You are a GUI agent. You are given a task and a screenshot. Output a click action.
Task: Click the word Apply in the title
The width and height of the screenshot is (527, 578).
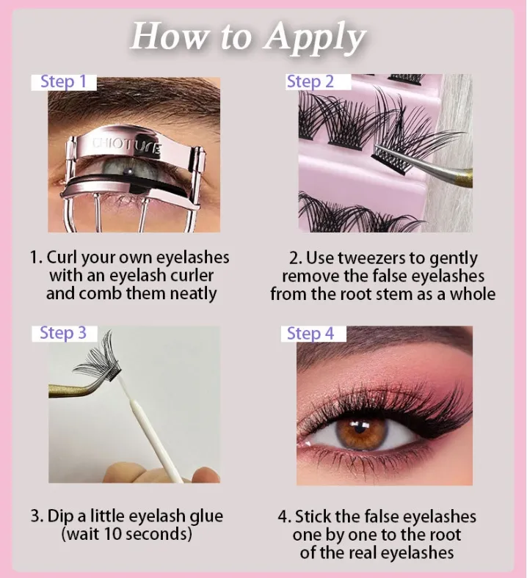tap(316, 38)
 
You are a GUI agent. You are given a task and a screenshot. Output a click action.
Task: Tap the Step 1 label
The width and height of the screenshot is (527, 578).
tap(63, 82)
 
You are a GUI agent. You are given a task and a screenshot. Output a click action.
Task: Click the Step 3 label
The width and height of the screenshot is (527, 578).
tap(63, 333)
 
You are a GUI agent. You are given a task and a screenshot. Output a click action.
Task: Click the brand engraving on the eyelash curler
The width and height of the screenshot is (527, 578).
tap(126, 145)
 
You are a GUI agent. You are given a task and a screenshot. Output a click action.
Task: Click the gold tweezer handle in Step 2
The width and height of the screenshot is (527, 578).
tap(464, 178)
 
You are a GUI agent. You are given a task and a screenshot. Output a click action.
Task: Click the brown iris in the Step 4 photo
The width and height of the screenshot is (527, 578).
tap(362, 430)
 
